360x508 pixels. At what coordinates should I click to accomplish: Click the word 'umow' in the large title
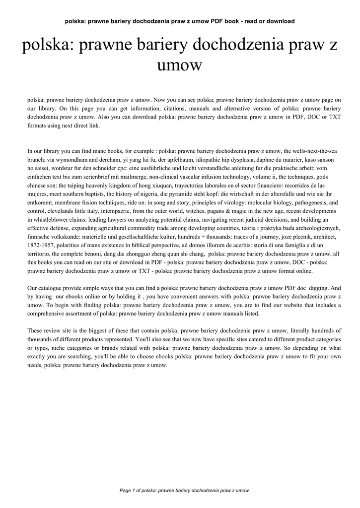180,64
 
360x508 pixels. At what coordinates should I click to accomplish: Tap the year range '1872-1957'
42,245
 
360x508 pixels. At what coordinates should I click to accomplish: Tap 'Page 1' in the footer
127,490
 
